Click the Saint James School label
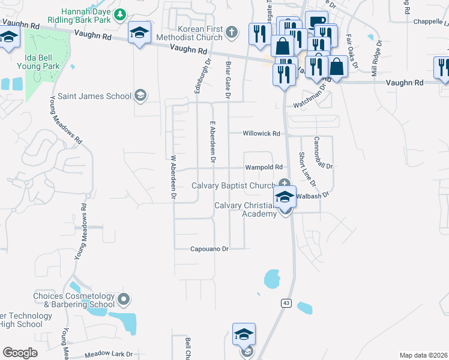(102, 96)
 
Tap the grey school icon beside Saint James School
(140, 95)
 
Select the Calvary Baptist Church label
(233, 185)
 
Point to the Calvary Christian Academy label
(246, 209)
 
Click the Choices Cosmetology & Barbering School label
(73, 300)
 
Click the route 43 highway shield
(286, 304)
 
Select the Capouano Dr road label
(209, 248)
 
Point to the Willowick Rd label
(261, 134)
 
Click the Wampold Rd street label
(264, 168)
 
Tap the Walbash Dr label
(313, 195)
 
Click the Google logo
(20, 353)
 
